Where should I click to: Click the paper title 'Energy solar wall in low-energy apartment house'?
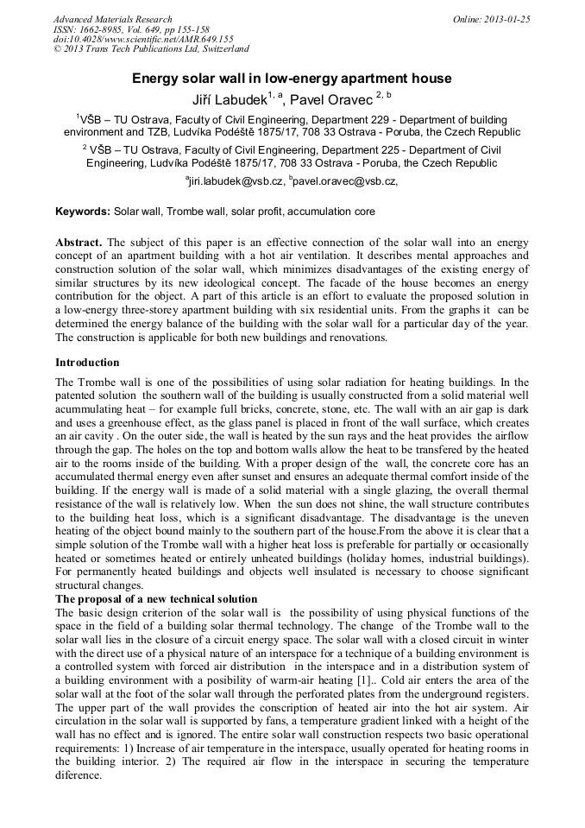pos(292,79)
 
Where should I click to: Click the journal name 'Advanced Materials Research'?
pos(112,19)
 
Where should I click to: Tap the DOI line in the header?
pos(143,40)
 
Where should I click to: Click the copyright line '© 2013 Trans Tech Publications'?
pos(151,50)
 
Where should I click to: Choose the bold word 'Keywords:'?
pos(83,212)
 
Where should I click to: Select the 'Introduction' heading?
pos(87,363)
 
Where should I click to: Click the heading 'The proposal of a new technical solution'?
pos(156,599)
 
